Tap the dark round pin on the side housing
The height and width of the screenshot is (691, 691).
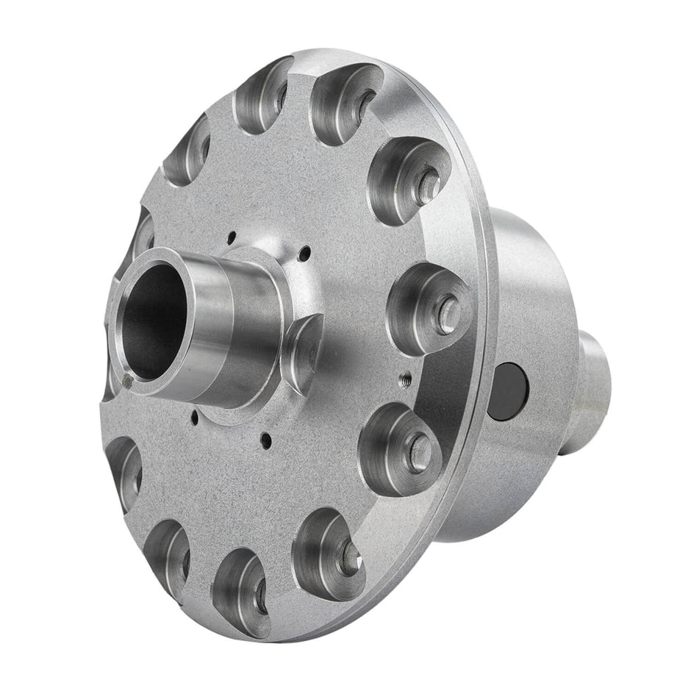pyautogui.click(x=509, y=388)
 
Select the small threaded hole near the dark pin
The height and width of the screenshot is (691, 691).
pyautogui.click(x=404, y=381)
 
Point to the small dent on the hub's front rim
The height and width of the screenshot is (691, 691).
pyautogui.click(x=129, y=380)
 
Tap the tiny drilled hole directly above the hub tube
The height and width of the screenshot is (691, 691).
pyautogui.click(x=232, y=237)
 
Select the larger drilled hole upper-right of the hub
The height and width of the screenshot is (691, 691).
pyautogui.click(x=305, y=254)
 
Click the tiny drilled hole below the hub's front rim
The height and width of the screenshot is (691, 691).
pyautogui.click(x=193, y=421)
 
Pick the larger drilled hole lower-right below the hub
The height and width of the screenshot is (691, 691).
pyautogui.click(x=266, y=442)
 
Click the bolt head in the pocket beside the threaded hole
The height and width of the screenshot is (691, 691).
pyautogui.click(x=447, y=312)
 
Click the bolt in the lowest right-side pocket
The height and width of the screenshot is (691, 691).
pyautogui.click(x=349, y=557)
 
